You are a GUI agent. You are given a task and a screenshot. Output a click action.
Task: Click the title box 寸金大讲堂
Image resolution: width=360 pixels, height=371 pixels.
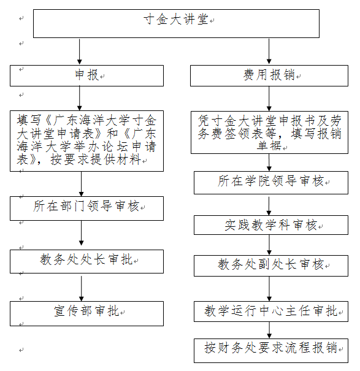(x=176, y=23)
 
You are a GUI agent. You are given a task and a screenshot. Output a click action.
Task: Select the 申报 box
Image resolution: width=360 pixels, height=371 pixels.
(x=86, y=75)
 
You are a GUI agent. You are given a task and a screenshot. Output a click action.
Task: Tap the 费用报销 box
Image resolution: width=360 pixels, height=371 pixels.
(x=269, y=75)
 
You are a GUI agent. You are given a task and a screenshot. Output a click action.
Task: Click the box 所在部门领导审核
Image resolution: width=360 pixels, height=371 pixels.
(x=86, y=208)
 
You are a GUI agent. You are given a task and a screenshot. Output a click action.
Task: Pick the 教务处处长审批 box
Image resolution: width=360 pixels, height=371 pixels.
(x=86, y=261)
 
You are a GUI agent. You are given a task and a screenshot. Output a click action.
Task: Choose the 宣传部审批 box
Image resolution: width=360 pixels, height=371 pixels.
(x=86, y=313)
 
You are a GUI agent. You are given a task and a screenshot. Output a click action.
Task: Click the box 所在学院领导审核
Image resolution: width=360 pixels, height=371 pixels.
(x=271, y=183)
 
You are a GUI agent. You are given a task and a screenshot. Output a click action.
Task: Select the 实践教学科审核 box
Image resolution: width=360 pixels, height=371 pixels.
(x=271, y=225)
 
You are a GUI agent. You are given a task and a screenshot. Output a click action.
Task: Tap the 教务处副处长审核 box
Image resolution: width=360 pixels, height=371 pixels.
(x=271, y=266)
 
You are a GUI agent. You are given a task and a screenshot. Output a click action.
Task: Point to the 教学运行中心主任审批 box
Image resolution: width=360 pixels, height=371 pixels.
(x=271, y=312)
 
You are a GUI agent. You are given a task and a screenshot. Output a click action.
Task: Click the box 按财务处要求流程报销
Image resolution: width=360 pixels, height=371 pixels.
(x=271, y=351)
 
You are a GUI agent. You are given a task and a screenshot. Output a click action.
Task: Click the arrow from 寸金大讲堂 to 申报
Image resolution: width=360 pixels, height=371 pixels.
(x=80, y=52)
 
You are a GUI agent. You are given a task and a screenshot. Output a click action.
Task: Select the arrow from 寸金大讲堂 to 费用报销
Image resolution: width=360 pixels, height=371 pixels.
(x=269, y=52)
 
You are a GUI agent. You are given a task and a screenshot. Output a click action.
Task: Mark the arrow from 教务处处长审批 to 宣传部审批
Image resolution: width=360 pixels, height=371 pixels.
(x=82, y=288)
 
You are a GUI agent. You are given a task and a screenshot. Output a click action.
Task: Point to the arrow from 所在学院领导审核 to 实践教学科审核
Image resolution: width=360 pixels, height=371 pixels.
(x=269, y=206)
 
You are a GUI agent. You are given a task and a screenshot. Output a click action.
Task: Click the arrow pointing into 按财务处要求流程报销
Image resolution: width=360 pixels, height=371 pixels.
(x=269, y=331)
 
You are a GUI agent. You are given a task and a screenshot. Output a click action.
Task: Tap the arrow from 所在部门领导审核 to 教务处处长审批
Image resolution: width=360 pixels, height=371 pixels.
(x=82, y=233)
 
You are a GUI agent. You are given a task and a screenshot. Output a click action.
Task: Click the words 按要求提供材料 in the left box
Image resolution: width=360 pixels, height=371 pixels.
(x=96, y=159)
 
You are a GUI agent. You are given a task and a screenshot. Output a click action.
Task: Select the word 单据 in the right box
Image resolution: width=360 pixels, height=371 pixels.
(x=269, y=145)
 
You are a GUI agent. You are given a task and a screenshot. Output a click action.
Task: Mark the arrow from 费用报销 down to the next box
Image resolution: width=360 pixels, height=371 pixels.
(x=269, y=99)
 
